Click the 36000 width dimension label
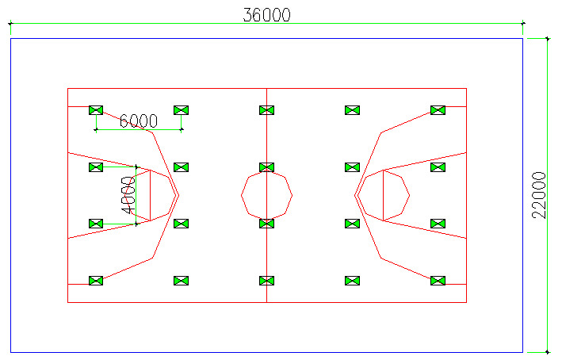[266, 15]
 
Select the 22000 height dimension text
[539, 195]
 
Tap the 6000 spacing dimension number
[139, 121]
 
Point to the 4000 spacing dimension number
[128, 195]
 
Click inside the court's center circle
[266, 195]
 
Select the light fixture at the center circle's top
[266, 167]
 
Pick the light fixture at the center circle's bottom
[266, 224]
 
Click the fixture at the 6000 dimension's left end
[96, 110]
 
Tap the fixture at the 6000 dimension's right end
[181, 110]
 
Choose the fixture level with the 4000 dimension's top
[96, 167]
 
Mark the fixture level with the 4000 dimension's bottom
[96, 224]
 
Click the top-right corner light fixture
[438, 110]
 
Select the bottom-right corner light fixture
[438, 281]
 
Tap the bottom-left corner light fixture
[96, 281]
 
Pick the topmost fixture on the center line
[266, 110]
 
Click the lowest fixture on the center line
[266, 281]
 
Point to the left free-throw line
[150, 195]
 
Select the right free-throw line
[383, 195]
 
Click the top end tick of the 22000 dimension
[547, 38]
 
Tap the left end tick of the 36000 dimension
[11, 24]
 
